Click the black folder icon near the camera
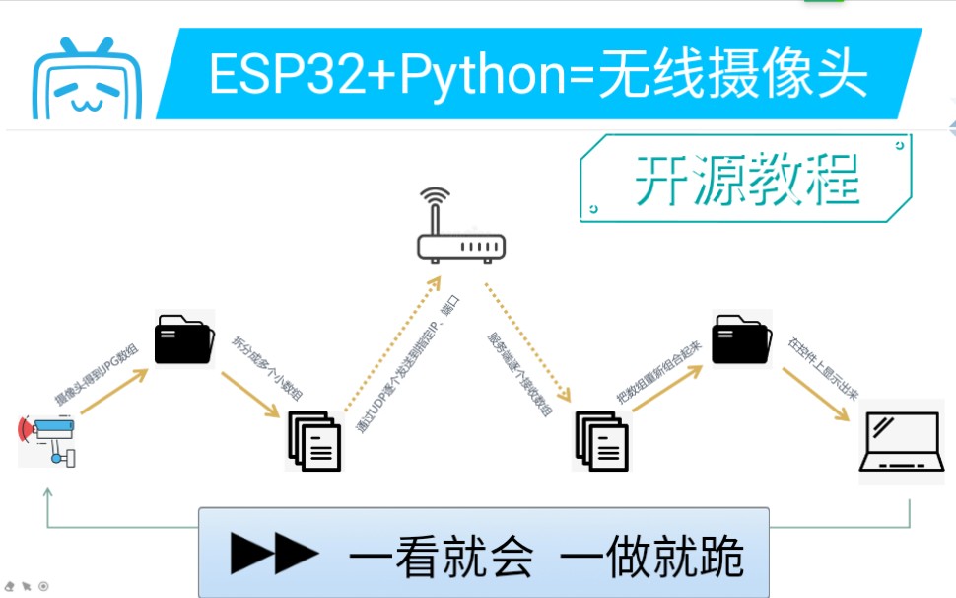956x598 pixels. (x=184, y=338)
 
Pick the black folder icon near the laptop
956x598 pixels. (x=741, y=338)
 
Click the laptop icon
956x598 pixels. (x=900, y=441)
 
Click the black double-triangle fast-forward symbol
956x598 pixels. (x=275, y=555)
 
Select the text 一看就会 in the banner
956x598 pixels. (x=441, y=557)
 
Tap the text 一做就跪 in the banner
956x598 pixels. (x=651, y=557)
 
